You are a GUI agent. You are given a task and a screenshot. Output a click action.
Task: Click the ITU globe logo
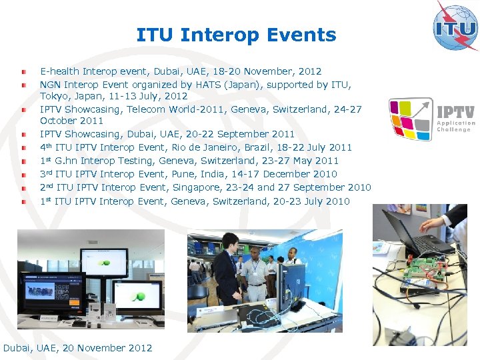tap(455, 26)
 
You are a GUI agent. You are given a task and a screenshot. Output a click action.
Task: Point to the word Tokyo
tap(53, 96)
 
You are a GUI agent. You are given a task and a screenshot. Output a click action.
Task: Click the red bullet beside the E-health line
tap(23, 71)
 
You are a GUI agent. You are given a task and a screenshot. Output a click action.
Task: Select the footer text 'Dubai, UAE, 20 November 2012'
tap(78, 348)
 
